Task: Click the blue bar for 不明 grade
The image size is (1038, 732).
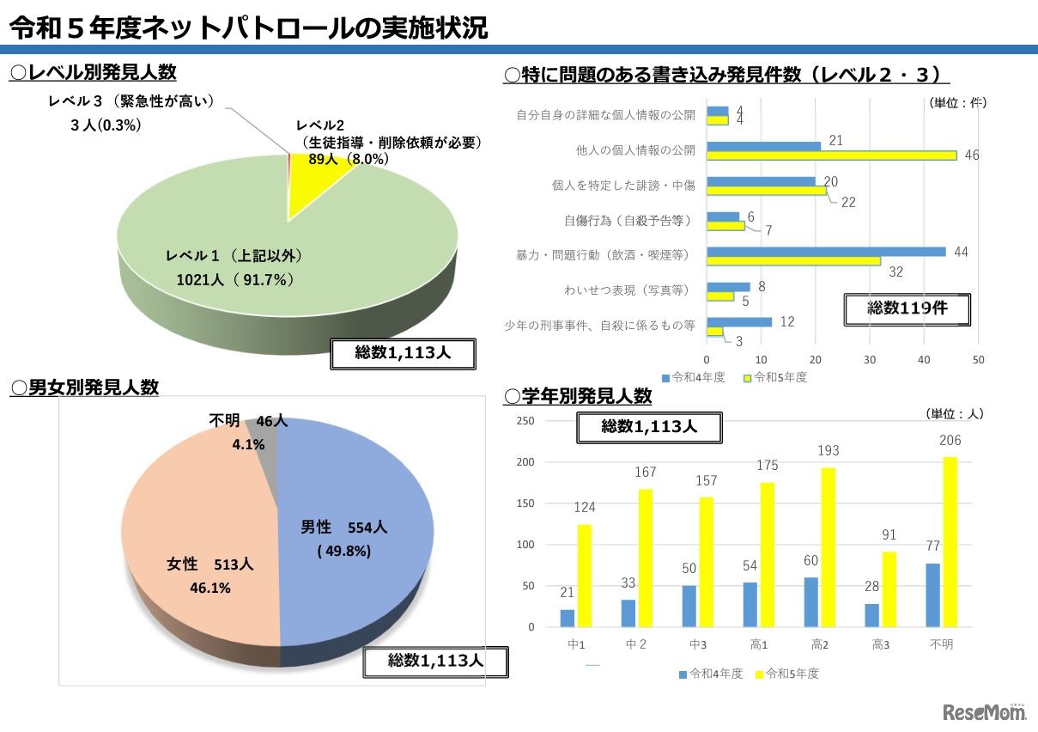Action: tap(932, 595)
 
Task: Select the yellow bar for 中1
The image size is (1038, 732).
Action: tap(585, 576)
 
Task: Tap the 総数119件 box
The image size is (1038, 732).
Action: tap(907, 309)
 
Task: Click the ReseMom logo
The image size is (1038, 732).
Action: tap(984, 712)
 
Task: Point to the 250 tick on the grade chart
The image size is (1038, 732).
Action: tap(525, 420)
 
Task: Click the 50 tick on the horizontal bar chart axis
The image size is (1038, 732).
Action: tap(978, 359)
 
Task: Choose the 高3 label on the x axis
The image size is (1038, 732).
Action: tap(881, 644)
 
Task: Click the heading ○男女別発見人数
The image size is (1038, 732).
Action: tap(84, 387)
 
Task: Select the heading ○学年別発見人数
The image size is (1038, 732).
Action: tap(578, 397)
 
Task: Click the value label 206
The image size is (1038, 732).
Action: tap(950, 441)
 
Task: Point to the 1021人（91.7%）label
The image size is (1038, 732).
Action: tap(235, 279)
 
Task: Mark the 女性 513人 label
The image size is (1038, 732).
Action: tap(209, 565)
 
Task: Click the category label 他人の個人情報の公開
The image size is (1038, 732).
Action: tap(635, 149)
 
